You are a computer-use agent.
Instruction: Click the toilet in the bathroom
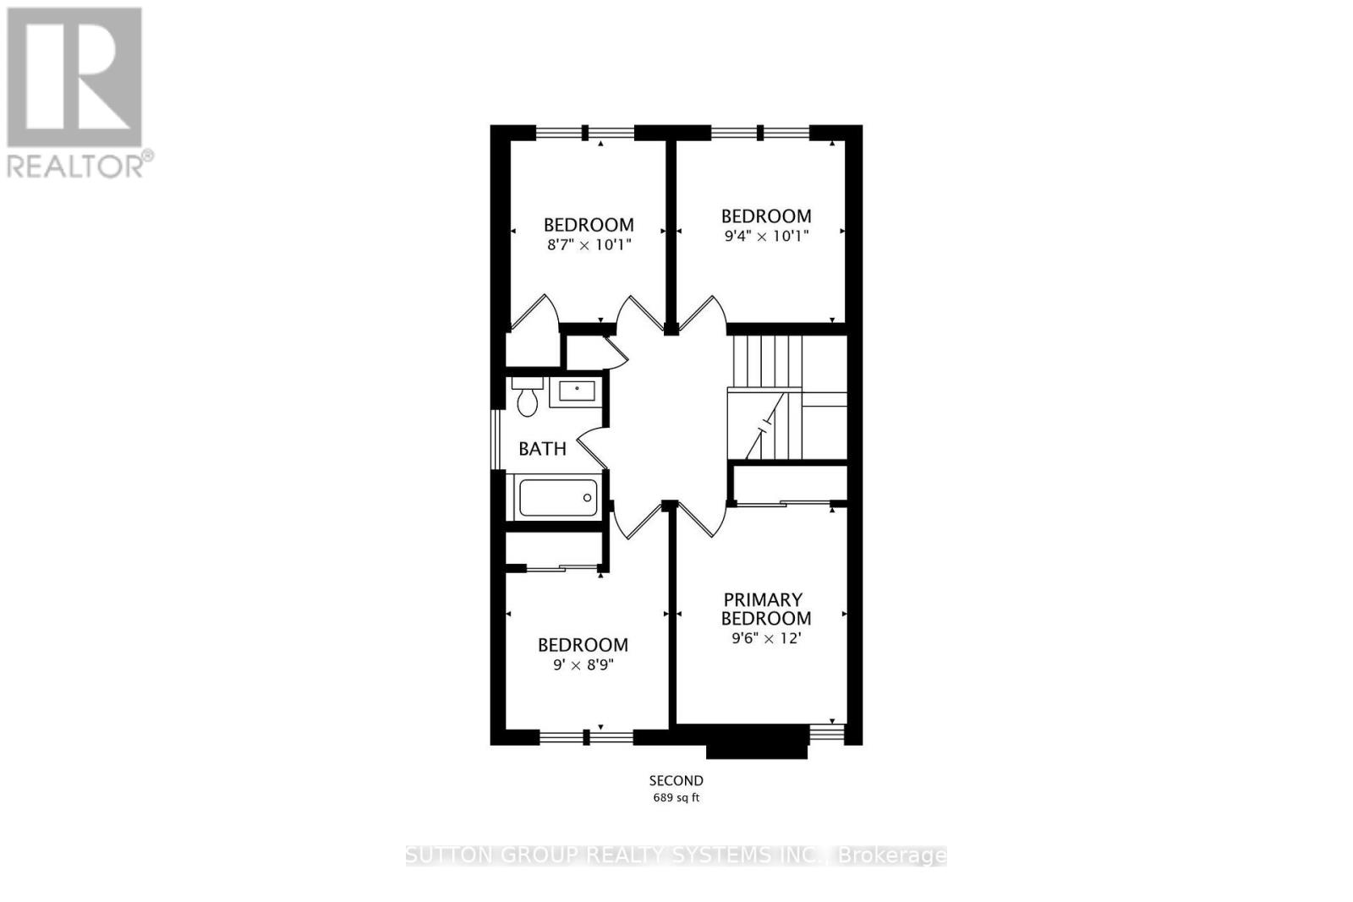pos(528,399)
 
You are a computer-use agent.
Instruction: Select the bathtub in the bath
pos(558,497)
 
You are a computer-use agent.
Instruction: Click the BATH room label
pos(542,449)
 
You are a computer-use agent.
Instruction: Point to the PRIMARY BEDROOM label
pos(765,609)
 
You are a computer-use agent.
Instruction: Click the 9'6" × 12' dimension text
pos(765,638)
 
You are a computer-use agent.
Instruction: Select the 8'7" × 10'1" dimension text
pos(589,245)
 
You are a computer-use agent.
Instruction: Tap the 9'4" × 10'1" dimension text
pos(766,237)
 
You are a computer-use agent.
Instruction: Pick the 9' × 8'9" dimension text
pos(583,664)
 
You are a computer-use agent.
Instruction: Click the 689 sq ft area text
pos(676,797)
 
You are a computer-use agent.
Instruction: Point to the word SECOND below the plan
pos(676,780)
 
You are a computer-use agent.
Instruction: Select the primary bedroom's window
pos(827,732)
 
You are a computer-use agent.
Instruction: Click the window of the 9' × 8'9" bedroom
pos(586,737)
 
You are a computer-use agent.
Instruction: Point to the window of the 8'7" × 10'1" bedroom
pos(585,132)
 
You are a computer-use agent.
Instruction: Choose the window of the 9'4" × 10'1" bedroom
pos(760,132)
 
